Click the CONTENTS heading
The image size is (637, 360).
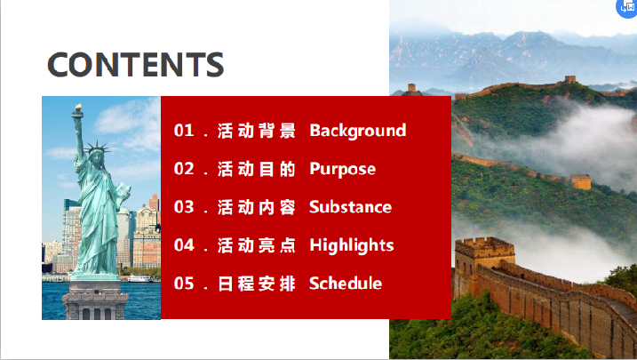136,64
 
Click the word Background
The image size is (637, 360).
357,131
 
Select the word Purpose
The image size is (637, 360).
342,170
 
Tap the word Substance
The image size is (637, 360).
350,207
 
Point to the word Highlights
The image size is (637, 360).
352,245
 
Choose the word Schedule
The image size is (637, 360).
346,284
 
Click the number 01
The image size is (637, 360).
184,131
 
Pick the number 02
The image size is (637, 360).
184,169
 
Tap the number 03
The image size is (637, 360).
184,207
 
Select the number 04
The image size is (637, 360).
184,245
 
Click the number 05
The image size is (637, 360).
184,284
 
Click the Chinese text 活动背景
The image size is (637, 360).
257,131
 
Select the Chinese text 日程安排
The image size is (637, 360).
257,284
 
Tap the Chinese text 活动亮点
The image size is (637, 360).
257,245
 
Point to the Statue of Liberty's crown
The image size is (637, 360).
97,148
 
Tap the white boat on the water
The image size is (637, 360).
139,279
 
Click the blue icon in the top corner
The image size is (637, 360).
627,8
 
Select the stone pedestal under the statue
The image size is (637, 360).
95,300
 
